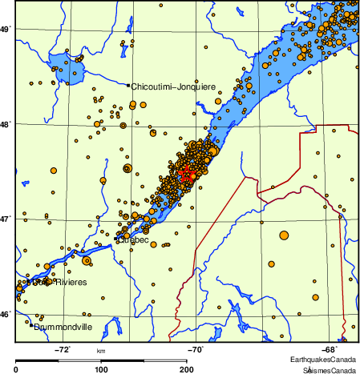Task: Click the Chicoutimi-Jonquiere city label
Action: pos(168,86)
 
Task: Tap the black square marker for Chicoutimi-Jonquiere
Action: pos(127,85)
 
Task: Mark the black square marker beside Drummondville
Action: pos(31,325)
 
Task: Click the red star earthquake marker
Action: pos(185,173)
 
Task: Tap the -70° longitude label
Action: pos(196,349)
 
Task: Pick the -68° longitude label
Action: pos(329,349)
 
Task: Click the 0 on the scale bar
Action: pos(17,369)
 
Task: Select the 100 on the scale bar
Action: pos(101,369)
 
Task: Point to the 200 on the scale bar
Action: pos(185,369)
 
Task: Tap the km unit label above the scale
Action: pos(101,351)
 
